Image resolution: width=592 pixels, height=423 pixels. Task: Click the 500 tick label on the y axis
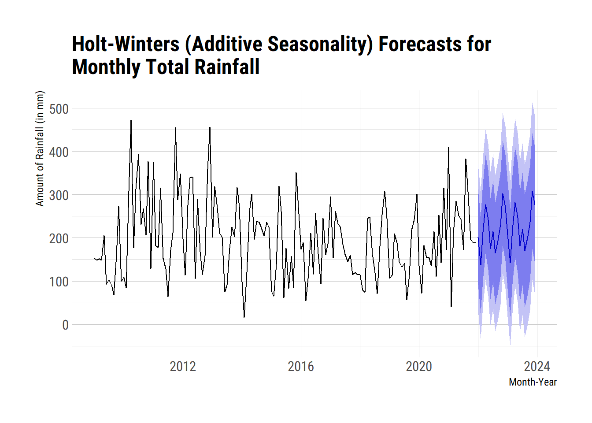pyautogui.click(x=59, y=109)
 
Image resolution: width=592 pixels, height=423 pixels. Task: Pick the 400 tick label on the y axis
pyautogui.click(x=59, y=152)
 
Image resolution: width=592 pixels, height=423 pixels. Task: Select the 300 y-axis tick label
pyautogui.click(x=59, y=195)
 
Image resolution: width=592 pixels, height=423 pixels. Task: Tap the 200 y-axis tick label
pyautogui.click(x=59, y=238)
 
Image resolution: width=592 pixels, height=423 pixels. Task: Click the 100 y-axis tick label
pyautogui.click(x=59, y=282)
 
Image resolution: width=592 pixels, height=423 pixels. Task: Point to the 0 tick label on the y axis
pyautogui.click(x=65, y=325)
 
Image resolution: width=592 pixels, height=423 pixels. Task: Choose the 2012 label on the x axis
pyautogui.click(x=183, y=366)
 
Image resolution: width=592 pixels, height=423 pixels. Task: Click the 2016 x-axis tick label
pyautogui.click(x=301, y=366)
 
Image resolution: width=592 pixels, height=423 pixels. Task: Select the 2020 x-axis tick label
pyautogui.click(x=419, y=366)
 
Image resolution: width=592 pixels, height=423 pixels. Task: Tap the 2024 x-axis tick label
pyautogui.click(x=537, y=366)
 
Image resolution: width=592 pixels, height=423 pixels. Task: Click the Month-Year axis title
pyautogui.click(x=533, y=382)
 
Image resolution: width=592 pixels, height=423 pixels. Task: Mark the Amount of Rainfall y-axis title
pyautogui.click(x=40, y=148)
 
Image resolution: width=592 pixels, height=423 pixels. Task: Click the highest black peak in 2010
pyautogui.click(x=131, y=120)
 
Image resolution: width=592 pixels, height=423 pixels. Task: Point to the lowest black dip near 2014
pyautogui.click(x=244, y=317)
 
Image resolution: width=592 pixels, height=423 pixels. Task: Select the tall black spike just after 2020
pyautogui.click(x=448, y=148)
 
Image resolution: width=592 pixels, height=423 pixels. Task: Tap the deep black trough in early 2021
pyautogui.click(x=451, y=306)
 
